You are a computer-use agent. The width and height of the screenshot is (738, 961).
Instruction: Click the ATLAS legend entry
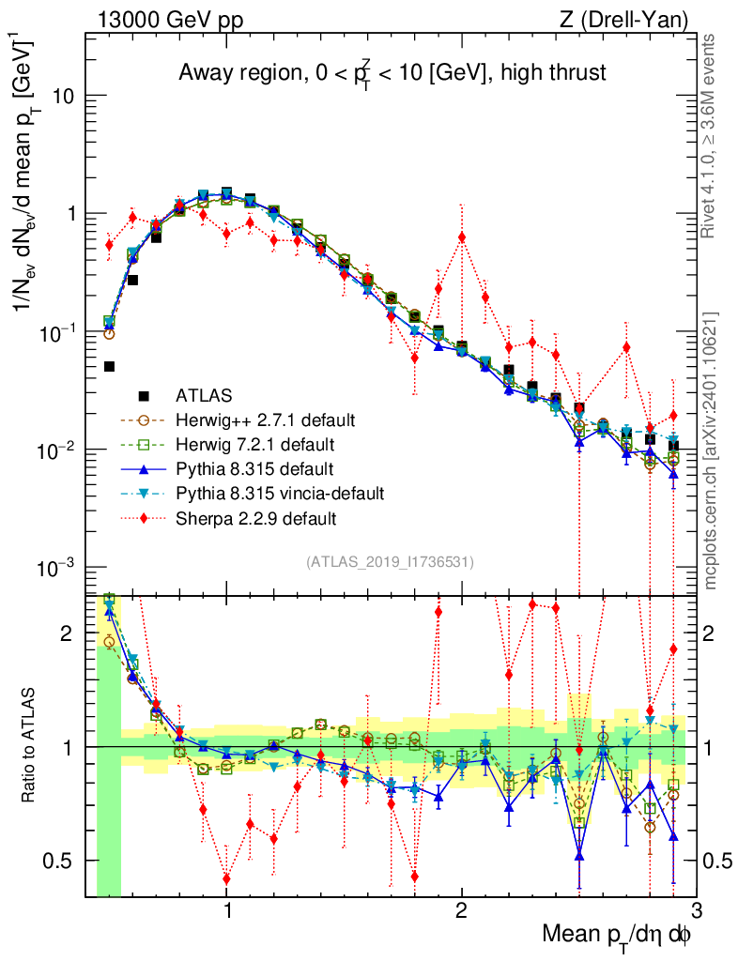pyautogui.click(x=205, y=395)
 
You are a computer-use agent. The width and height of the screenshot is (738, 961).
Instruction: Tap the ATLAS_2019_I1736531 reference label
pyautogui.click(x=390, y=562)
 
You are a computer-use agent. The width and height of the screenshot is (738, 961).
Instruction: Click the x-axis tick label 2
pyautogui.click(x=461, y=909)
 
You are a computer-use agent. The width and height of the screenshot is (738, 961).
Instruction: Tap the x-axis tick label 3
pyautogui.click(x=696, y=909)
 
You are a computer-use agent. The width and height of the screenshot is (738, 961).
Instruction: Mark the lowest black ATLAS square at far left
pyautogui.click(x=109, y=367)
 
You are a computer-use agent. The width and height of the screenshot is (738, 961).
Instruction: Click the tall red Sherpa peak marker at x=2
pyautogui.click(x=461, y=237)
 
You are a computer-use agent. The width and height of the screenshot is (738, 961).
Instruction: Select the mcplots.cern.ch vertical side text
pyautogui.click(x=712, y=450)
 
